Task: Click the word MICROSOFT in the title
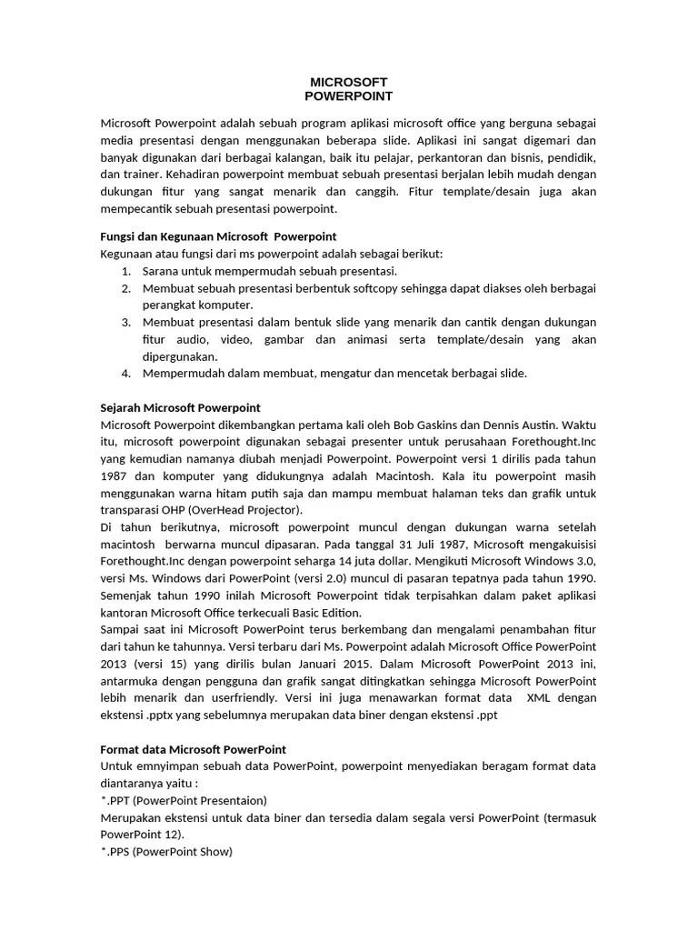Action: [349, 82]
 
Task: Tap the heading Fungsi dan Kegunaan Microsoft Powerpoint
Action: [218, 236]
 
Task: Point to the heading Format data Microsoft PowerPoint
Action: [193, 749]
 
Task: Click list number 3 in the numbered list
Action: [125, 322]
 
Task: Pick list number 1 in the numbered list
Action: [125, 271]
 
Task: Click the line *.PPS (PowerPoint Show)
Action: [166, 852]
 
